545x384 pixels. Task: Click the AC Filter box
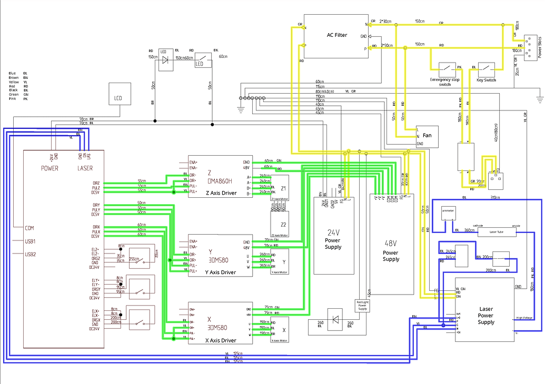[x=337, y=36]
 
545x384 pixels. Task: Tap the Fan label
[x=427, y=136]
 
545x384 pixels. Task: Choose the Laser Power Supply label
[x=487, y=316]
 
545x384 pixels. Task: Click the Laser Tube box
[x=497, y=231]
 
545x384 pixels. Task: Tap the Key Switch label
[x=486, y=80]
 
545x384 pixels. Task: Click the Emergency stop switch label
[x=445, y=82]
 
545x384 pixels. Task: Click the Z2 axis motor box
[x=280, y=223]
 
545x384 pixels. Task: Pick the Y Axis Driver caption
[x=221, y=272]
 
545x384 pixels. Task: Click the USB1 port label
[x=30, y=241]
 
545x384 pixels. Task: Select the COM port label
[x=29, y=228]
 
